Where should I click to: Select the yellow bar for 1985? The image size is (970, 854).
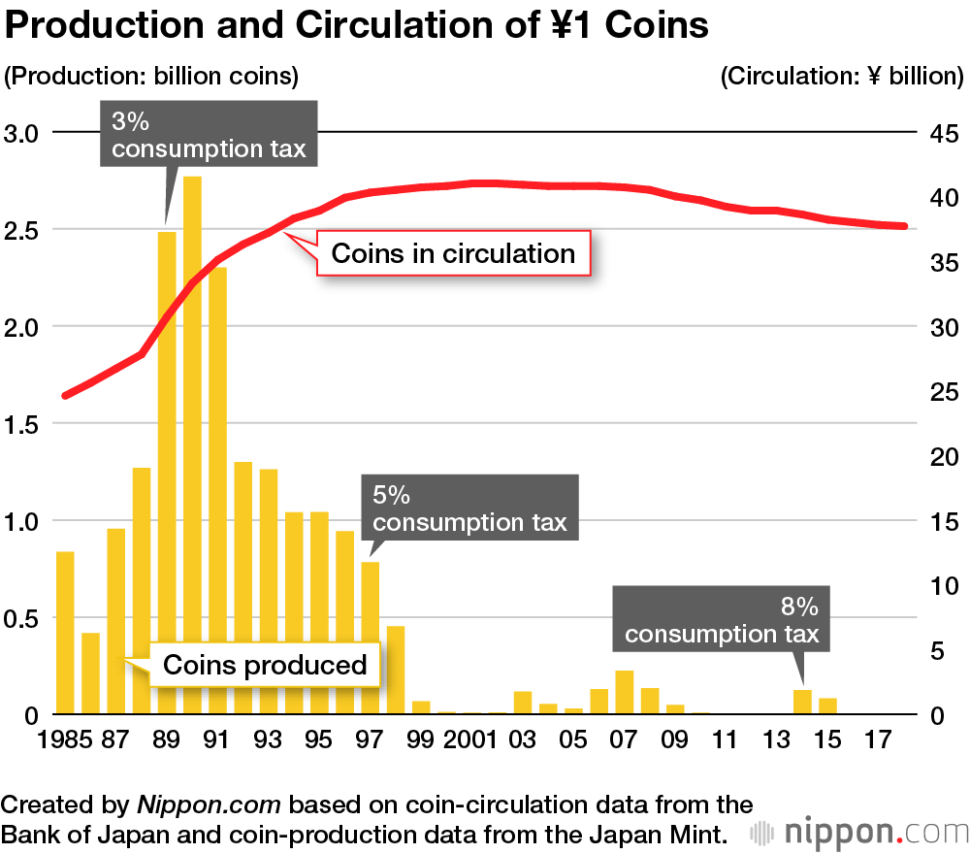pos(65,632)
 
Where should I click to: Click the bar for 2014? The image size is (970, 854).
pos(802,702)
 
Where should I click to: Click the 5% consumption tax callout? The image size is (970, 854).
pos(469,509)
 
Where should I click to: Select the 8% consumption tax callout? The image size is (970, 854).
pos(722,621)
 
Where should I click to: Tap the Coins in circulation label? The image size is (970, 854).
pos(453,254)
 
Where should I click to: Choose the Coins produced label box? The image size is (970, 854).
pos(265,665)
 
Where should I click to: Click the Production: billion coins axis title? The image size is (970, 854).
pos(152,76)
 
